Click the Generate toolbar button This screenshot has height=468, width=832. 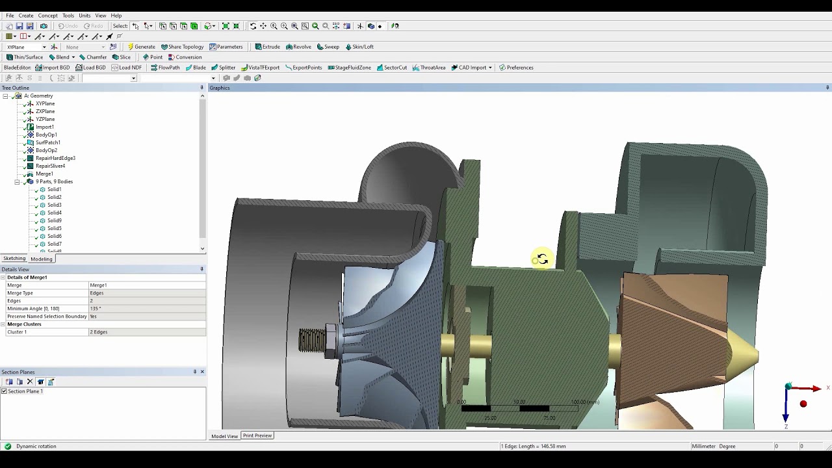tap(141, 47)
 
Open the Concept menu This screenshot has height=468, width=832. tap(47, 16)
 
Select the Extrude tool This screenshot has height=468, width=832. tap(267, 47)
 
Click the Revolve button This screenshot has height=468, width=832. tap(298, 47)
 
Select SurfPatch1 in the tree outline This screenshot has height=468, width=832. tap(47, 142)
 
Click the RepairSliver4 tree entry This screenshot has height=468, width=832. tap(50, 166)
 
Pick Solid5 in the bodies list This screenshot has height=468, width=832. tap(54, 228)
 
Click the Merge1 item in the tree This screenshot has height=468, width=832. tap(44, 174)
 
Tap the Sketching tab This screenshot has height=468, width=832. tap(14, 259)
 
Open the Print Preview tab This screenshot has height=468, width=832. tap(257, 435)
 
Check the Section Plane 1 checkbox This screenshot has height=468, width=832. tap(5, 391)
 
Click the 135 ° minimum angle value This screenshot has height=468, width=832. tap(95, 309)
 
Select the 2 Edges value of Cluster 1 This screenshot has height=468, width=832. tap(99, 332)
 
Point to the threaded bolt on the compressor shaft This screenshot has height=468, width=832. tap(312, 341)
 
